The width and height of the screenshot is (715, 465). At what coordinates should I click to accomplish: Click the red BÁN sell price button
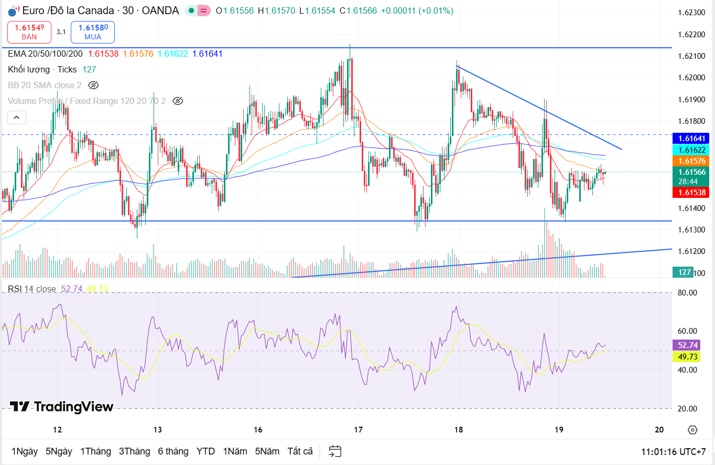point(29,32)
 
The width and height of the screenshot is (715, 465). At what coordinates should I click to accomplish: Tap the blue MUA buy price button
point(92,32)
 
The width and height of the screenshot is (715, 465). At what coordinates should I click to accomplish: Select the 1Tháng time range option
point(95,451)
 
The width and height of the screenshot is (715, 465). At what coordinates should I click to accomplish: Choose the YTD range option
point(205,451)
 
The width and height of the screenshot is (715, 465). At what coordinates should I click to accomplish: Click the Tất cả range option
point(300,451)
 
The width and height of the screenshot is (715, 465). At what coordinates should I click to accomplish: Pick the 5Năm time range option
point(268,451)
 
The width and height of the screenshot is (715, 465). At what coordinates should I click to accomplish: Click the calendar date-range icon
point(335,451)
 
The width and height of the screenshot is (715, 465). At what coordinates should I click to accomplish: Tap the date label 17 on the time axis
point(358,430)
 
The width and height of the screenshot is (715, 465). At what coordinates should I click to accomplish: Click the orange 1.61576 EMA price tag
point(690,161)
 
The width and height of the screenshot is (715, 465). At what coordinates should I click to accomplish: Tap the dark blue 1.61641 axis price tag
point(690,138)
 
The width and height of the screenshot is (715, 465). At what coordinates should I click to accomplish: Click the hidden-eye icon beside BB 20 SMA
point(93,85)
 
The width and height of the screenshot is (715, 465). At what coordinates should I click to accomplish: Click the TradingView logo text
point(62,407)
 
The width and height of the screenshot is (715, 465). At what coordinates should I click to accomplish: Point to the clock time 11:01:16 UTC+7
point(673,452)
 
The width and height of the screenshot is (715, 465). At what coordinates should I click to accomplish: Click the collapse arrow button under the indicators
point(17,118)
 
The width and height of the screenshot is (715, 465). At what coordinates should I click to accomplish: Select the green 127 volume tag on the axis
point(684,272)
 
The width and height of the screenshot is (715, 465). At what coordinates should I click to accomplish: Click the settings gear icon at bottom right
point(692,430)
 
